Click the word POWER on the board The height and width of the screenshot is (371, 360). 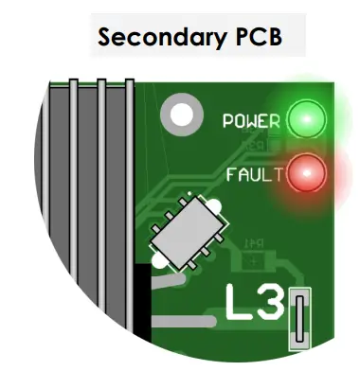pyautogui.click(x=250, y=121)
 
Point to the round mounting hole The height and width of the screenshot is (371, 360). pyautogui.click(x=181, y=115)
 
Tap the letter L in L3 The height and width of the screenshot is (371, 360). pyautogui.click(x=239, y=305)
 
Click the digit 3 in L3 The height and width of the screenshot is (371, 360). pyautogui.click(x=268, y=305)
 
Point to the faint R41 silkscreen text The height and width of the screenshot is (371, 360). pyautogui.click(x=254, y=244)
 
